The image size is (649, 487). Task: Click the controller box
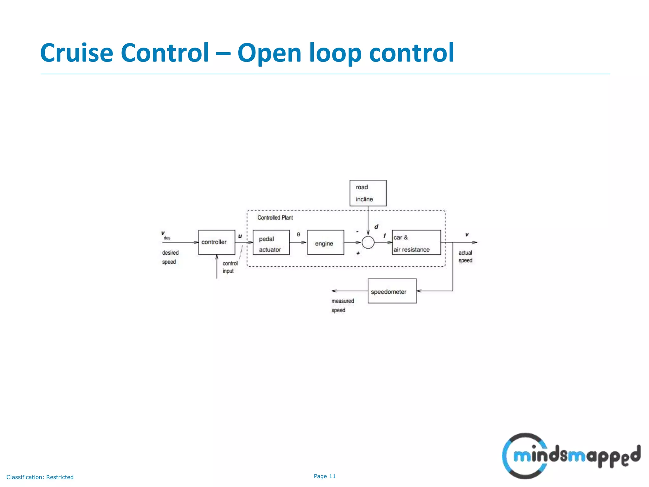click(x=216, y=242)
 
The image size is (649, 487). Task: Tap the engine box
click(x=325, y=242)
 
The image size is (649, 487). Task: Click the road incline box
click(x=368, y=193)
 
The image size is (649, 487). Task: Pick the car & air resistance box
click(x=416, y=242)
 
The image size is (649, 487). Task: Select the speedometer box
click(x=392, y=291)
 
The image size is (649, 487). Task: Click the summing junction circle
click(x=368, y=243)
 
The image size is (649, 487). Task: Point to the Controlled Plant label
click(x=275, y=218)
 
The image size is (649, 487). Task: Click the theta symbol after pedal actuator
click(x=298, y=234)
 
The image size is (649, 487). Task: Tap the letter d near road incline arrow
click(x=376, y=227)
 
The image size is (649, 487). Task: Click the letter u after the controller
click(x=240, y=236)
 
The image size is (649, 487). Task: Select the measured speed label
click(x=342, y=305)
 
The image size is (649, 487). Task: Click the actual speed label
click(x=465, y=256)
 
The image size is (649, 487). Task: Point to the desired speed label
click(x=170, y=257)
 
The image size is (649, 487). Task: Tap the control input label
click(x=230, y=267)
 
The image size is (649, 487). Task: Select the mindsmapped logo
click(x=571, y=456)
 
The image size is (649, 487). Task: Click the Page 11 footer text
click(x=324, y=476)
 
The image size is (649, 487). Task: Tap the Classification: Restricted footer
click(x=40, y=477)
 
